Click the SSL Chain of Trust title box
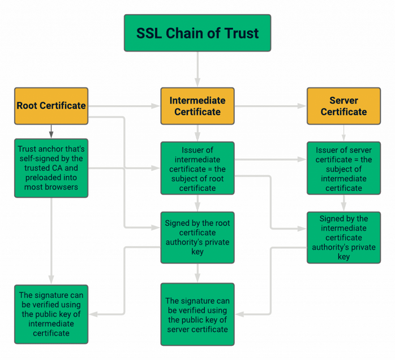coord(197,33)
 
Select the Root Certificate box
coord(51,106)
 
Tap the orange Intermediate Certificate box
coord(197,106)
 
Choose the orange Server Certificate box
coord(344,106)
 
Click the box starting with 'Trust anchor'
coord(51,168)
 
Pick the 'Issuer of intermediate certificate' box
coord(197,168)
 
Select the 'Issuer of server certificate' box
coord(344,168)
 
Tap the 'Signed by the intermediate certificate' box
coord(344,237)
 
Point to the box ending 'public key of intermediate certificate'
coord(51,314)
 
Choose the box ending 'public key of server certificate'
coord(197,314)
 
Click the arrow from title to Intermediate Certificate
coord(197,69)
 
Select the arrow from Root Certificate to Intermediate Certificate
coord(124,106)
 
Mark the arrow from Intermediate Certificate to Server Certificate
coord(271,106)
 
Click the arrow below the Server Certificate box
coord(344,133)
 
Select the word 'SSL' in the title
coord(148,33)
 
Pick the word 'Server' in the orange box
coord(344,101)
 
